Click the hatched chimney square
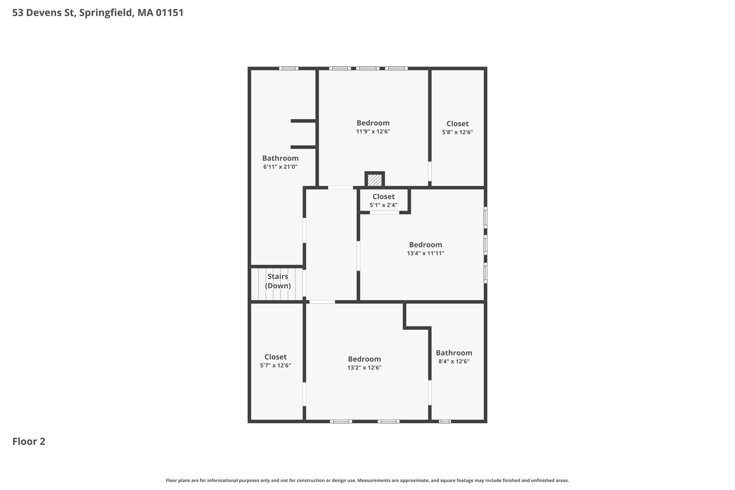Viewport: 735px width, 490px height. [x=375, y=180]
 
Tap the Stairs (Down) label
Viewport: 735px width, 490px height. [x=278, y=281]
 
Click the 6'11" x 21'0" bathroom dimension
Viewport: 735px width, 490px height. [x=280, y=167]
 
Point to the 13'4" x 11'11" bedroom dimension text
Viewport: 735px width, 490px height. [x=426, y=253]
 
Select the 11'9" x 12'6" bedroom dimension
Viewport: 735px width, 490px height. [x=373, y=132]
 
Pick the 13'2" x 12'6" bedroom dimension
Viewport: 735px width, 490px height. [x=364, y=368]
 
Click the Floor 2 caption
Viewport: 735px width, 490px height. [x=29, y=442]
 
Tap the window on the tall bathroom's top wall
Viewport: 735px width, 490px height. [x=289, y=69]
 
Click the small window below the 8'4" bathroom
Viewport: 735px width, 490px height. [x=445, y=421]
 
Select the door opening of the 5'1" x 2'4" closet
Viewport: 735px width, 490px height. [x=384, y=213]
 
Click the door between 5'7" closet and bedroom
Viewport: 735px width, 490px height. [x=304, y=394]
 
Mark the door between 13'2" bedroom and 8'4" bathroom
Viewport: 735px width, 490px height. [x=430, y=393]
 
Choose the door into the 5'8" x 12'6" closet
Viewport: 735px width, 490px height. [x=430, y=171]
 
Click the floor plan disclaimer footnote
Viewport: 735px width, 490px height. [x=367, y=480]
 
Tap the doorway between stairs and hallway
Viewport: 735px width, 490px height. [x=304, y=283]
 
